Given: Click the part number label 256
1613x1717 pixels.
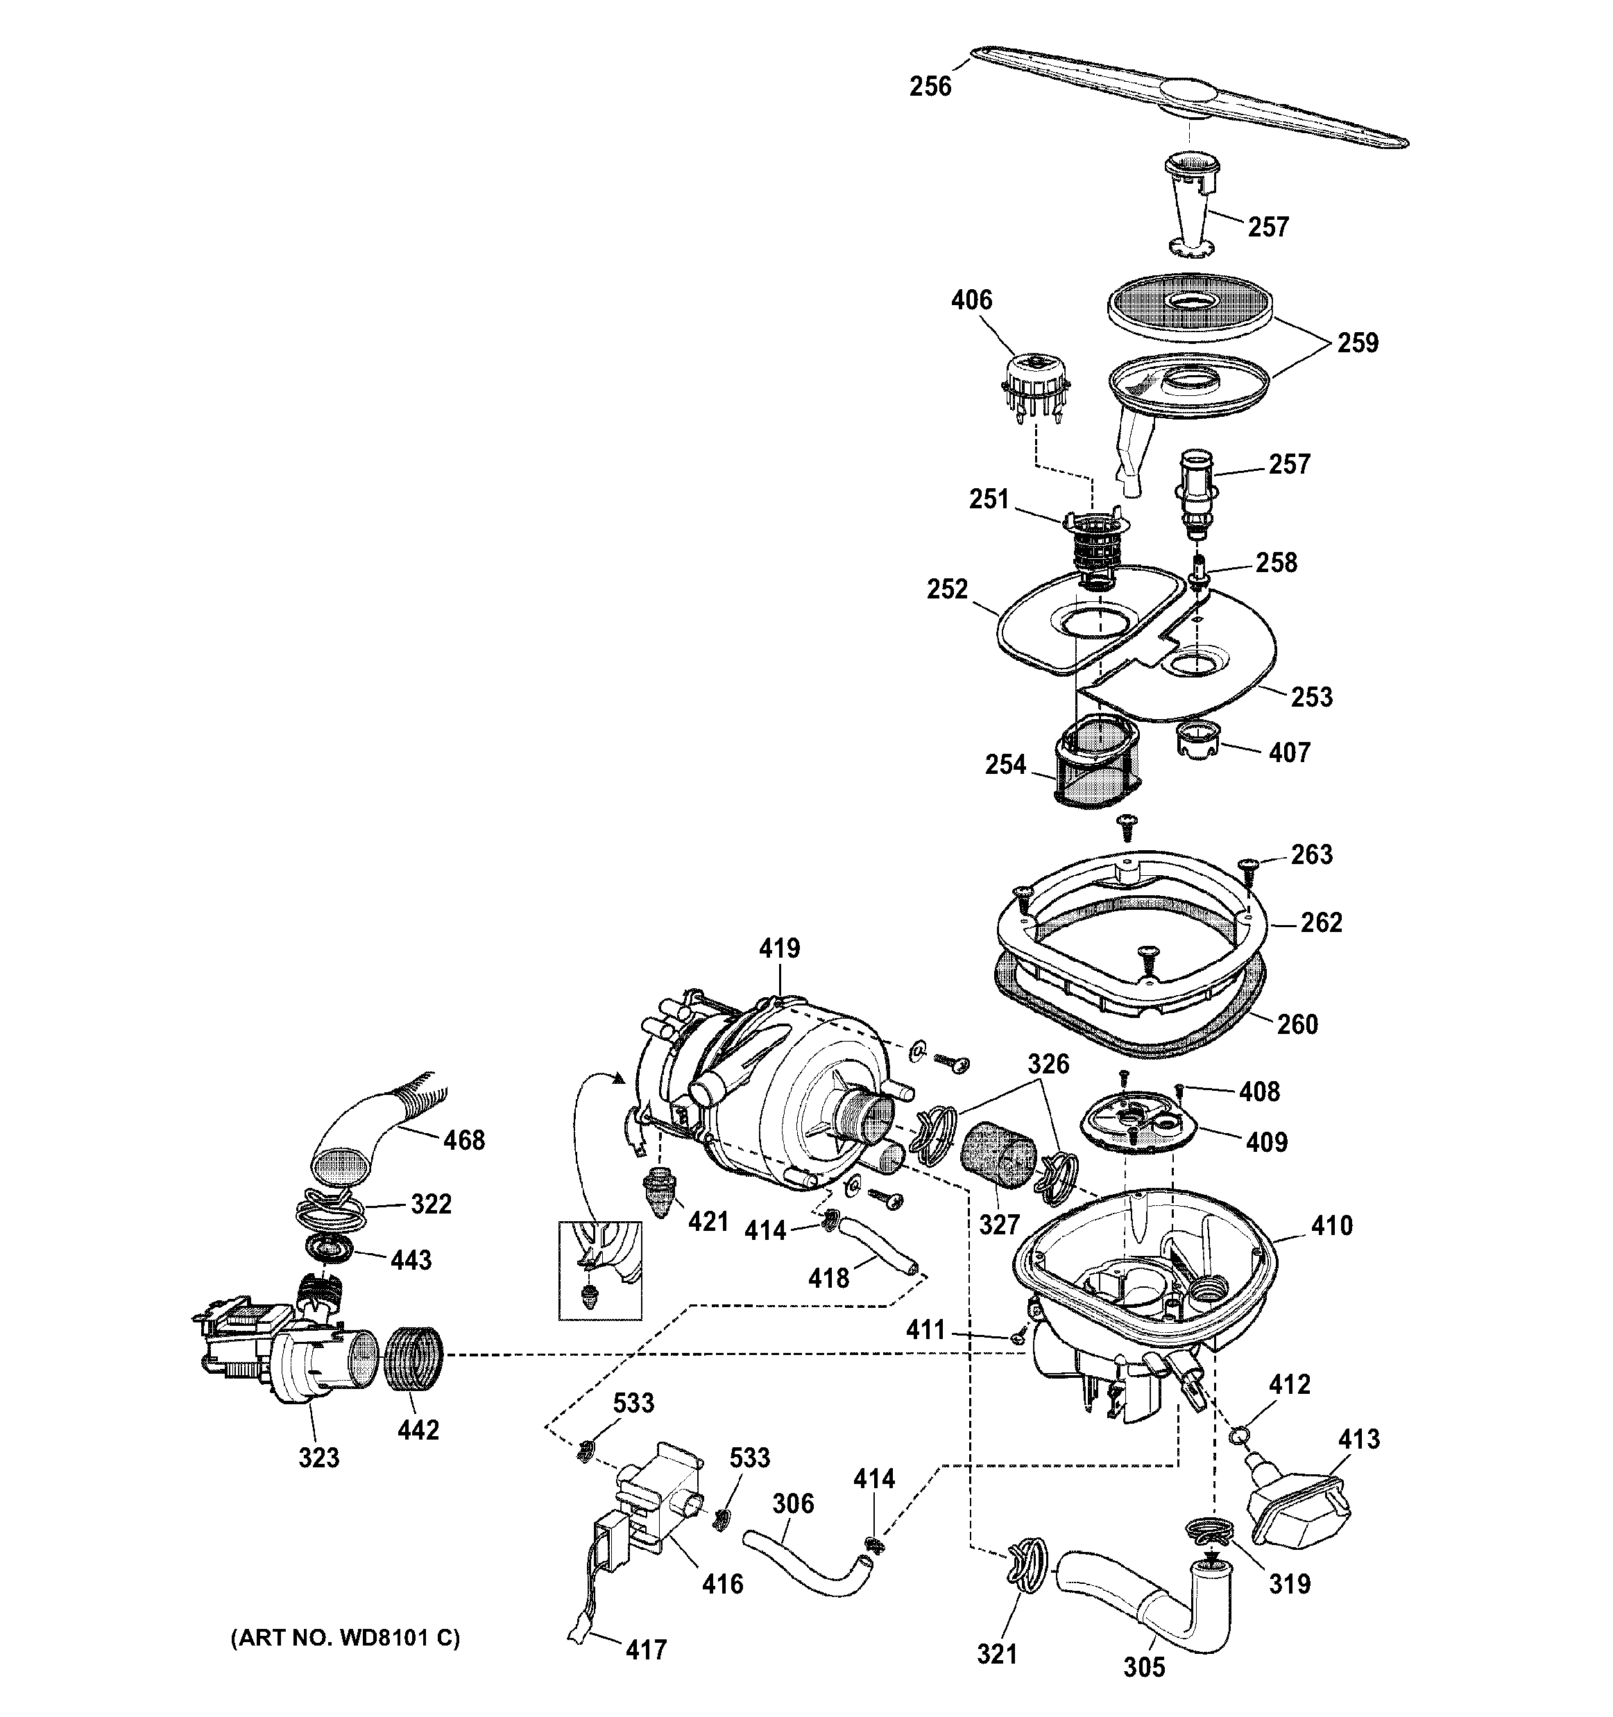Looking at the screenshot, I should tap(930, 87).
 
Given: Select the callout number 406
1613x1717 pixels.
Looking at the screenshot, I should tap(971, 300).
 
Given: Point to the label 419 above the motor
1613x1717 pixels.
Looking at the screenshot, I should tap(779, 949).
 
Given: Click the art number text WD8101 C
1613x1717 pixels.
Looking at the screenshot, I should tap(345, 1637).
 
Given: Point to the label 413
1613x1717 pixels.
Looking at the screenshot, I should tap(1359, 1440).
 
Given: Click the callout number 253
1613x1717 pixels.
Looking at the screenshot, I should tap(1311, 697).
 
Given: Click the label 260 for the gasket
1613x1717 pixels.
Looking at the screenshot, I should tap(1297, 1024).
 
